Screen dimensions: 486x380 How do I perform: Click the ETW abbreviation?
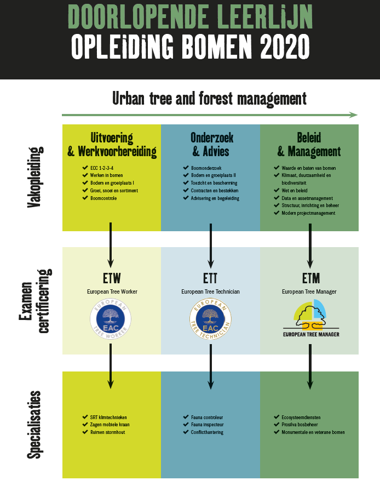pyautogui.click(x=112, y=276)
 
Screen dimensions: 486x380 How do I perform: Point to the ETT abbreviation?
pyautogui.click(x=210, y=276)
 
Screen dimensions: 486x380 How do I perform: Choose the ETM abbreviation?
pyautogui.click(x=310, y=276)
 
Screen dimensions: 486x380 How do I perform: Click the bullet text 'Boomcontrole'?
pyautogui.click(x=103, y=198)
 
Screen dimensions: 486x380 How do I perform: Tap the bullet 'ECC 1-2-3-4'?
pyautogui.click(x=102, y=168)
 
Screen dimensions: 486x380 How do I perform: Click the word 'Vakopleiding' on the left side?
pyautogui.click(x=34, y=178)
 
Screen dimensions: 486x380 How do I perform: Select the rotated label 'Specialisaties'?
pyautogui.click(x=34, y=424)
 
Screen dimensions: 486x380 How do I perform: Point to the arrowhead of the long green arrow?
pyautogui.click(x=354, y=115)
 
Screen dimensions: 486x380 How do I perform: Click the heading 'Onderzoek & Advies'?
pyautogui.click(x=210, y=144)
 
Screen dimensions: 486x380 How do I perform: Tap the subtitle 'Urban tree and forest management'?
pyautogui.click(x=209, y=99)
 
